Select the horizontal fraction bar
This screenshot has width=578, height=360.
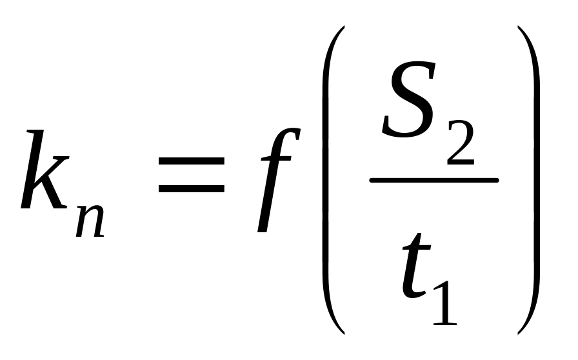(433, 180)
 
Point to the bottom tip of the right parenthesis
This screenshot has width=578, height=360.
(518, 333)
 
